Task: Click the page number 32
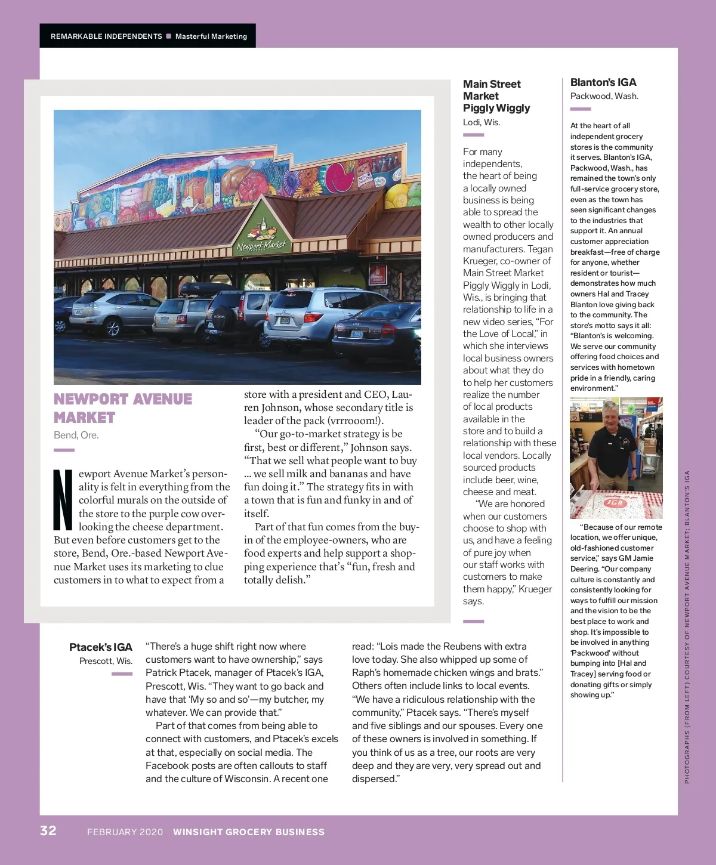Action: coord(48,830)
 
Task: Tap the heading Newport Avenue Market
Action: coord(123,408)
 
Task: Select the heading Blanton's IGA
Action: coord(603,82)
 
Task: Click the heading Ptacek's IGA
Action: coord(101,647)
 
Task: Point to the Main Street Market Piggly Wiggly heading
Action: coord(496,96)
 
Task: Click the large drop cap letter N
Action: coord(63,500)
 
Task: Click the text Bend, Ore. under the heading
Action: coord(76,435)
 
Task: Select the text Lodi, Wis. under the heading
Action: coord(482,122)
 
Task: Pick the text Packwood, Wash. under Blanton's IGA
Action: coord(604,96)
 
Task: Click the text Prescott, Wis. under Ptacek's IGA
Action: coord(106,661)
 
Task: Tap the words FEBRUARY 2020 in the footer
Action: coord(125,832)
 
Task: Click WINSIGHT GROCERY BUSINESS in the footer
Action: coord(249,832)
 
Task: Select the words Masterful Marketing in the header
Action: coord(211,36)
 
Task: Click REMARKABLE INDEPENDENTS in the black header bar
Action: coord(106,36)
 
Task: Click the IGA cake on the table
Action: coord(615,505)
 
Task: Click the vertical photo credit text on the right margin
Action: coord(687,626)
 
